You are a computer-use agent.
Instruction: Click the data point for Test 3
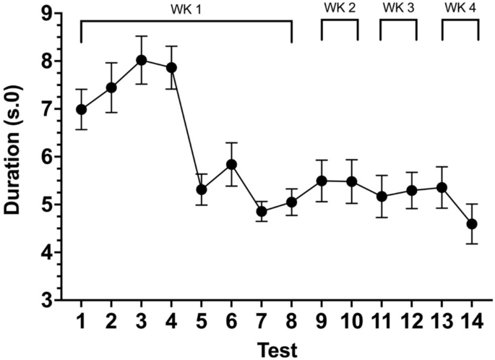142,60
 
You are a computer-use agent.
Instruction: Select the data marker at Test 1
82,110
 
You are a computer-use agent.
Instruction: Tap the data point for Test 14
472,224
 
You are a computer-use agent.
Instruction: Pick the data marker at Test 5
202,189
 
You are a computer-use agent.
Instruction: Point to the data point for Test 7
262,212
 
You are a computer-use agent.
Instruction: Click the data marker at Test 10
352,181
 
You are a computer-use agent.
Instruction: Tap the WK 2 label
340,8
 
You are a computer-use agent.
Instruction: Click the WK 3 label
398,8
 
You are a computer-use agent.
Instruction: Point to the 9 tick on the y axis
46,14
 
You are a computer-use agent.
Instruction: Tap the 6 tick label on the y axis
46,157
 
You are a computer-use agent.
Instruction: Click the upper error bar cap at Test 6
232,143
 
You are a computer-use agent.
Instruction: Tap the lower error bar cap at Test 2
111,112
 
